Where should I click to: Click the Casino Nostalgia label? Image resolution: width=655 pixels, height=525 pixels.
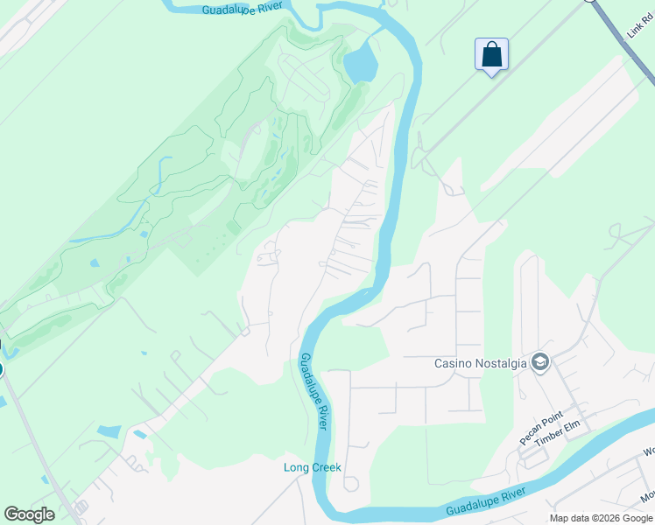481,363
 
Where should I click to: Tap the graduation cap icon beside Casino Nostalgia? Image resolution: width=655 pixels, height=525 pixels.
540,361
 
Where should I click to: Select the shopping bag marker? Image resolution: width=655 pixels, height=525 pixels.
491,55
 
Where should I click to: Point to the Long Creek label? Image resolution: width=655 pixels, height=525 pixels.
312,467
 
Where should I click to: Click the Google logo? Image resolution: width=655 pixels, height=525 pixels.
29,514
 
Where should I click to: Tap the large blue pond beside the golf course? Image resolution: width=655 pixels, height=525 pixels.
360,64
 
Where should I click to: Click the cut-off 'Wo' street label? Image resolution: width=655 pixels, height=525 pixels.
648,451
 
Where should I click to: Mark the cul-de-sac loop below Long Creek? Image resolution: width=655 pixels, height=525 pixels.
351,484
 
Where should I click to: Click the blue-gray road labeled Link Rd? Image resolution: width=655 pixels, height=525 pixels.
618,24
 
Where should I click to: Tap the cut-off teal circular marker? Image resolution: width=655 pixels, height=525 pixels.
1,369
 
